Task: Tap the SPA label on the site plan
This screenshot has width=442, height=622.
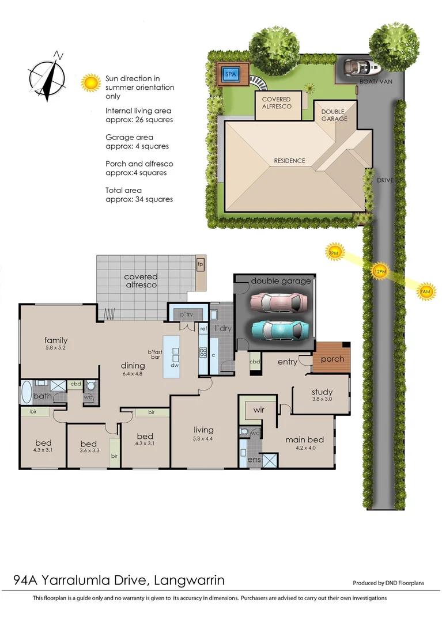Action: pos(231,75)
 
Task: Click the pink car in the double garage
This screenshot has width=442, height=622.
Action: pos(279,301)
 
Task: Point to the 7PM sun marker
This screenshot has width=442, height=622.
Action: pos(333,252)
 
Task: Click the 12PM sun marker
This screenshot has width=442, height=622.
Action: pos(379,271)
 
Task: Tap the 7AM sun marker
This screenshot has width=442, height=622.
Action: pos(425,292)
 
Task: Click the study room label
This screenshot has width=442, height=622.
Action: pos(322,392)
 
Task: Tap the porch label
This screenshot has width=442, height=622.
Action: pos(332,359)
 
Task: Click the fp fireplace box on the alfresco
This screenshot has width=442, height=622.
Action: pos(201,264)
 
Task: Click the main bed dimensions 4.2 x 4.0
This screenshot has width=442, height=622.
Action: pos(304,449)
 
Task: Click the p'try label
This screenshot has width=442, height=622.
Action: pos(186,315)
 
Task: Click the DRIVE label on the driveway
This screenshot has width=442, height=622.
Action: pos(386,180)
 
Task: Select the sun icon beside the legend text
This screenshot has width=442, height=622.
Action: pos(91,82)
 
